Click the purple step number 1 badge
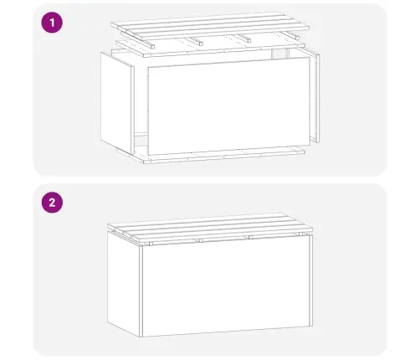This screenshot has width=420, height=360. click(52, 23)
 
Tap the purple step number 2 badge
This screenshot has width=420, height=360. click(52, 203)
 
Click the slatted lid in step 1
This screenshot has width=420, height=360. click(210, 23)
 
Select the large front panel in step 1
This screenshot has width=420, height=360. click(228, 106)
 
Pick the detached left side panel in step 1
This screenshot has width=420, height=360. click(117, 103)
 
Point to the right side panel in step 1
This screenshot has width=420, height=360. click(315, 95)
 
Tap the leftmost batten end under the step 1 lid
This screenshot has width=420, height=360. click(151, 46)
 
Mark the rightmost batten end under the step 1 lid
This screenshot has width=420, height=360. click(295, 38)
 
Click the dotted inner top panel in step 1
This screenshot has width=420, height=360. click(210, 46)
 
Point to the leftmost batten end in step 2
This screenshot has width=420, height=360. click(151, 244)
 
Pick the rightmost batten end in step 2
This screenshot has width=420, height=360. click(301, 234)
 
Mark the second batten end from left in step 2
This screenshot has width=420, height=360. click(200, 240)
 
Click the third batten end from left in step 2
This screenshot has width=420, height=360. click(250, 237)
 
